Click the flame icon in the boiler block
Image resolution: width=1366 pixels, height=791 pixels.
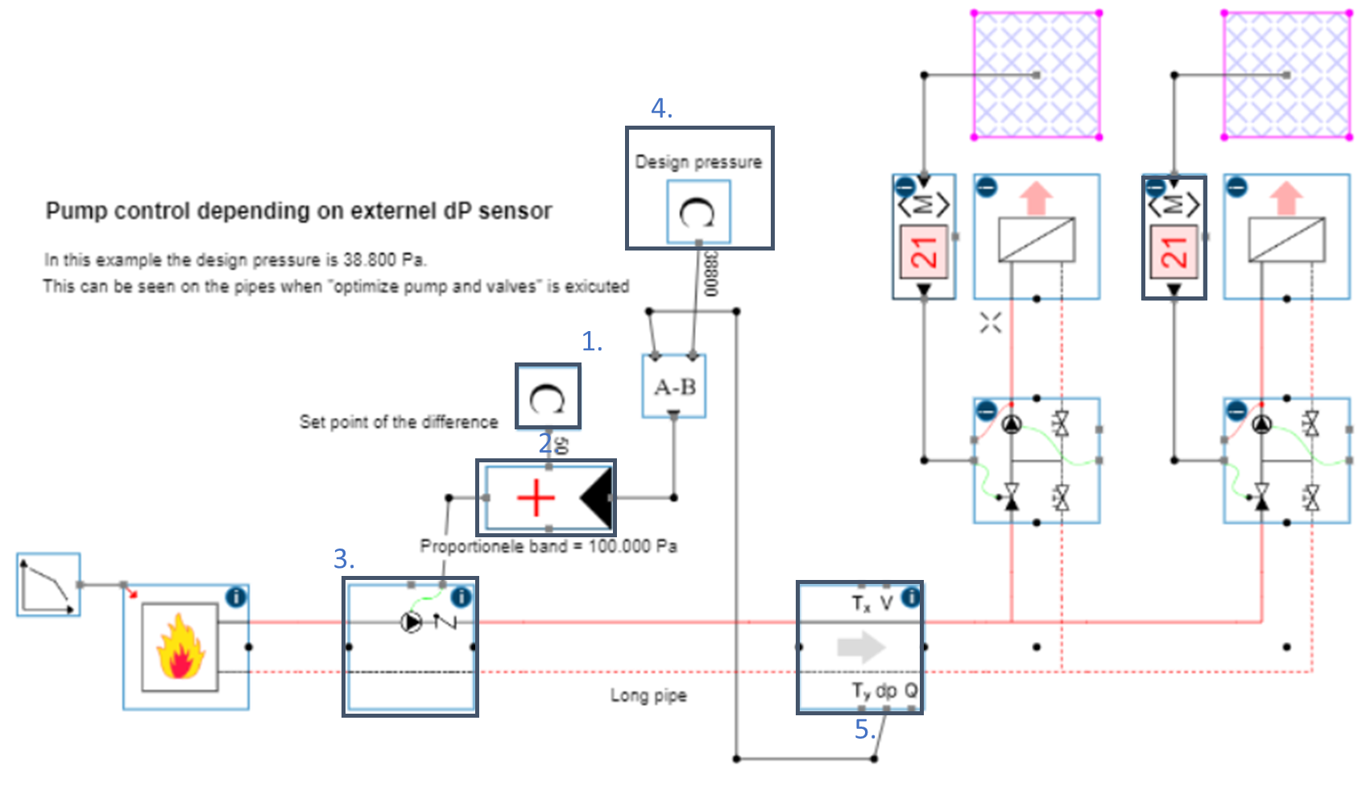click(x=180, y=646)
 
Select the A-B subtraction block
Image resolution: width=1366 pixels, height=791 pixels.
click(x=674, y=387)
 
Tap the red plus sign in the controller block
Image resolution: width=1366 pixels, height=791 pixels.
click(x=536, y=499)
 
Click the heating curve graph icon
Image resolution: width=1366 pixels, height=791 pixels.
click(x=48, y=585)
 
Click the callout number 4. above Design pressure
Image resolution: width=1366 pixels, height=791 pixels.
click(x=661, y=108)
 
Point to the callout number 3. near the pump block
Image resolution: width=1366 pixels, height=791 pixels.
click(x=344, y=558)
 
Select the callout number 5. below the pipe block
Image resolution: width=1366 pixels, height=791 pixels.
click(x=864, y=729)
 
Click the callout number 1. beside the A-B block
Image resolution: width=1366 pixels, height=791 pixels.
click(x=592, y=341)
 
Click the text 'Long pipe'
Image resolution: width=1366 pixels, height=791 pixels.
click(x=648, y=695)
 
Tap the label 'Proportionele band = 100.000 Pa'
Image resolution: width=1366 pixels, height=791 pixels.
click(x=548, y=546)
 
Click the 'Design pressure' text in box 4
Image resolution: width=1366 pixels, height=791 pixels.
click(x=698, y=162)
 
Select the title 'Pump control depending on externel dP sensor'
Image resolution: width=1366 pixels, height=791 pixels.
click(x=299, y=211)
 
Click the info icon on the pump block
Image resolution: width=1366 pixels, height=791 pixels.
click(x=461, y=597)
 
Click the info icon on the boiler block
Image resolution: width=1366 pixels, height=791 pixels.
click(x=236, y=597)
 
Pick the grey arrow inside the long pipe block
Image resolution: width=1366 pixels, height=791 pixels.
click(x=861, y=646)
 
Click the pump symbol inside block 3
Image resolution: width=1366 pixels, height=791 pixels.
click(x=412, y=622)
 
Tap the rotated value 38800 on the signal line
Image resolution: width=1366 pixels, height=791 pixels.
click(x=710, y=274)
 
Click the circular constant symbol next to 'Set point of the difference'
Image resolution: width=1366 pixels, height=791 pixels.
click(x=548, y=397)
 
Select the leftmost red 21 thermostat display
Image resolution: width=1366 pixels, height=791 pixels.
click(x=924, y=252)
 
